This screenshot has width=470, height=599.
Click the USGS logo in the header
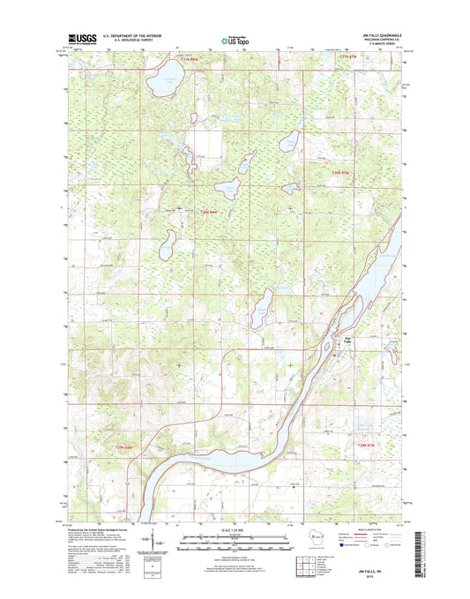tap(81, 38)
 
